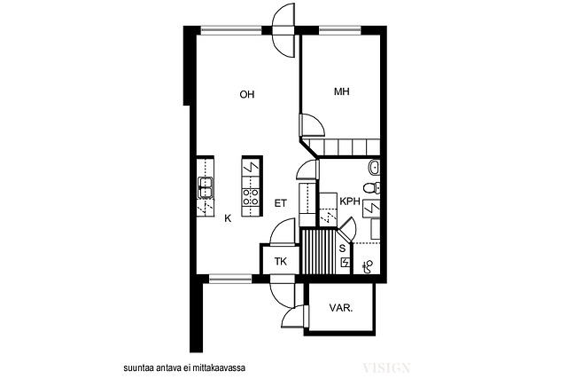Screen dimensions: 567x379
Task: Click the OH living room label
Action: (x=247, y=95)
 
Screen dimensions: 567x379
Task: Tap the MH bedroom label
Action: (x=342, y=91)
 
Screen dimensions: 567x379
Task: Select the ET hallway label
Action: (x=280, y=203)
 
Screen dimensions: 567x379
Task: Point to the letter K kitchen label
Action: (x=228, y=218)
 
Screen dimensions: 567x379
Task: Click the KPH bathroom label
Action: (x=350, y=201)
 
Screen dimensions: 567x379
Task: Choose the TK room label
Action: (x=281, y=261)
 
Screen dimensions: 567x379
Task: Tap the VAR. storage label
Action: (x=341, y=308)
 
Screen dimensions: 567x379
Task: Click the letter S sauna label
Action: (x=342, y=249)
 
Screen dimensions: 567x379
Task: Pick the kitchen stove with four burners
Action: (x=251, y=197)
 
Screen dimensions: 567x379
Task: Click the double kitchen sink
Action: (x=205, y=187)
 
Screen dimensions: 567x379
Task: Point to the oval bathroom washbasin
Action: (x=374, y=167)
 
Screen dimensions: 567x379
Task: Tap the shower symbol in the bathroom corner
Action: (x=369, y=267)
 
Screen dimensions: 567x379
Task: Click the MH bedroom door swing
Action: (x=312, y=125)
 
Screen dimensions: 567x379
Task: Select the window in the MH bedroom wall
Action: (x=340, y=30)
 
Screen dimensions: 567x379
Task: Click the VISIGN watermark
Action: (x=386, y=368)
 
